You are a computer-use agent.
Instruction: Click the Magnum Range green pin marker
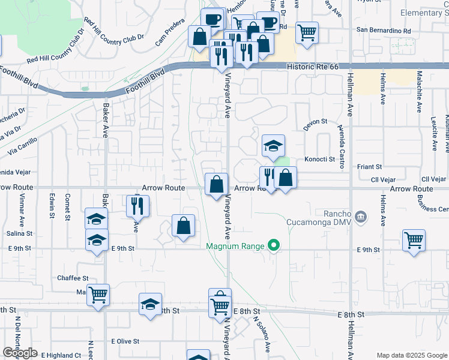pyautogui.click(x=274, y=245)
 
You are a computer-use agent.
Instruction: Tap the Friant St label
pyautogui.click(x=370, y=167)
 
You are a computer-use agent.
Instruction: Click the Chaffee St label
pyautogui.click(x=73, y=278)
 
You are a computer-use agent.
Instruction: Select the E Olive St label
pyautogui.click(x=125, y=341)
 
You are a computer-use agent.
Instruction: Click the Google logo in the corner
pyautogui.click(x=20, y=353)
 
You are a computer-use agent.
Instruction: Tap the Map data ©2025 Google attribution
pyautogui.click(x=411, y=355)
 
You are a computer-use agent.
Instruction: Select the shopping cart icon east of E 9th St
pyautogui.click(x=414, y=240)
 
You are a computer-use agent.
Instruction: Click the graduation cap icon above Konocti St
pyautogui.click(x=273, y=146)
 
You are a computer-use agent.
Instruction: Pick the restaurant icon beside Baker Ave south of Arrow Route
pyautogui.click(x=137, y=206)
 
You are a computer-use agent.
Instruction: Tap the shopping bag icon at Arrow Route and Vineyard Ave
pyautogui.click(x=216, y=184)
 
